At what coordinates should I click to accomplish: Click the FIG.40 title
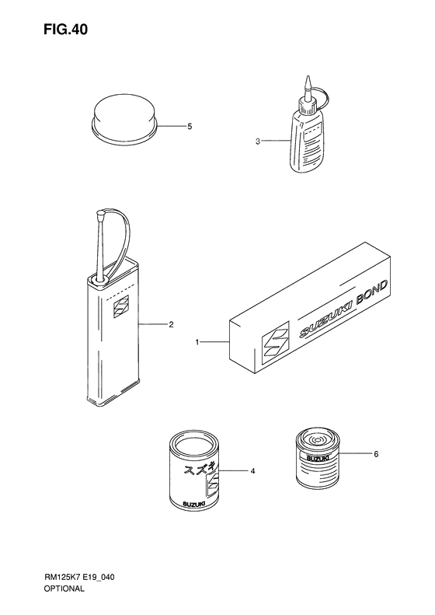pos(65,30)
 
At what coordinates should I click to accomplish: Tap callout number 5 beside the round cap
pos(190,127)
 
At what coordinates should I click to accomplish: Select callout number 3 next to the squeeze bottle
pos(257,142)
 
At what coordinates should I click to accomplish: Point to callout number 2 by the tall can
pos(171,325)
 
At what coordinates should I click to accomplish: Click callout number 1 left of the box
pos(197,342)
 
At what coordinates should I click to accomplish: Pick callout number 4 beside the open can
pos(252,470)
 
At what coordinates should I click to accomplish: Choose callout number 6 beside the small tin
pos(376,454)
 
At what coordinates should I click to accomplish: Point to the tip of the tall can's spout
pos(100,213)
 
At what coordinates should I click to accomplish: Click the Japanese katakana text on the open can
pos(199,469)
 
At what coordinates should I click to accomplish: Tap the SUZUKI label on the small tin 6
pos(315,458)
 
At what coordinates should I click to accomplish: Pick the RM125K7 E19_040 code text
pos(79,577)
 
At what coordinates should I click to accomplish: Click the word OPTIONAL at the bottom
pos(64,589)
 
